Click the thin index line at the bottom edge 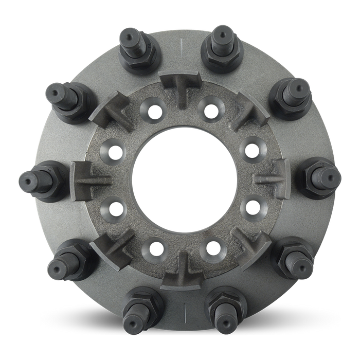pos(184,311)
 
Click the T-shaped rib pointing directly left pos(87,179)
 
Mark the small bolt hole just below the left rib pos(114,208)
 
